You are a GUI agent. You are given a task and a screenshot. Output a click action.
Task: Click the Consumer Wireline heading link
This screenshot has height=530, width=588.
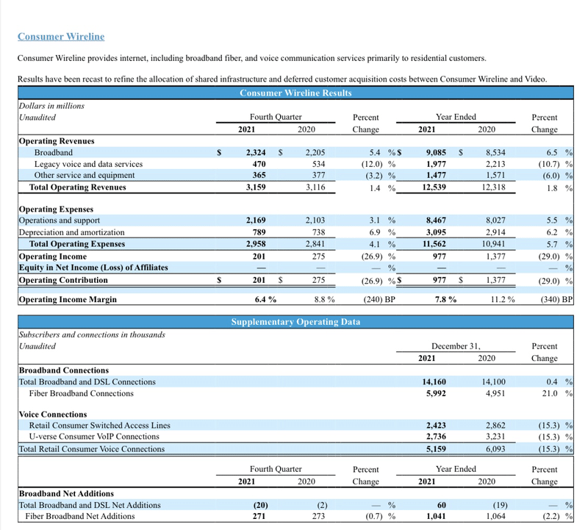tap(61, 36)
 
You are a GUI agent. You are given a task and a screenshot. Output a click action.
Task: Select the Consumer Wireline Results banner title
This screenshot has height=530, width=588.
tap(295, 93)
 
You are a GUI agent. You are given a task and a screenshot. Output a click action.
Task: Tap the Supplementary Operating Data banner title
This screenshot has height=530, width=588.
tap(295, 322)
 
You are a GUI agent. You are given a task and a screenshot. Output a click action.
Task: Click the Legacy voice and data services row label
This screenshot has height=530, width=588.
tap(88, 164)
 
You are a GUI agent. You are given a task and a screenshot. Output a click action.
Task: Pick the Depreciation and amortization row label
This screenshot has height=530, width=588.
tap(71, 232)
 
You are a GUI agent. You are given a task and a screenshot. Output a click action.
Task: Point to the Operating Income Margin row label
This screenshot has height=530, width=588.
tap(68, 299)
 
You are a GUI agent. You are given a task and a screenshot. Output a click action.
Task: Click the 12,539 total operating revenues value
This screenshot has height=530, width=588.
tap(435, 187)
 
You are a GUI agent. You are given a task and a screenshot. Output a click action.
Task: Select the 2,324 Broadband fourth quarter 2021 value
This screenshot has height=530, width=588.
tap(255, 152)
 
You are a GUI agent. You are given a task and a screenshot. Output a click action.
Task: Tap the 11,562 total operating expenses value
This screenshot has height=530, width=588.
tap(435, 244)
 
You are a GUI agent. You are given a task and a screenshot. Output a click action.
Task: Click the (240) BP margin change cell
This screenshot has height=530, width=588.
tap(380, 299)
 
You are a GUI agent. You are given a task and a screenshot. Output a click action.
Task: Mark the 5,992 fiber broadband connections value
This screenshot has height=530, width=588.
tap(435, 393)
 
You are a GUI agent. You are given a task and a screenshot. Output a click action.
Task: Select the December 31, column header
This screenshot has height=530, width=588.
tap(455, 345)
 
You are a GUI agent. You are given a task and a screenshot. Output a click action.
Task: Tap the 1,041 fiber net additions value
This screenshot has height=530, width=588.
tap(435, 517)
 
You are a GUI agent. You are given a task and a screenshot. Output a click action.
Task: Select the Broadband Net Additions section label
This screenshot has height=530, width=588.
tap(66, 493)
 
